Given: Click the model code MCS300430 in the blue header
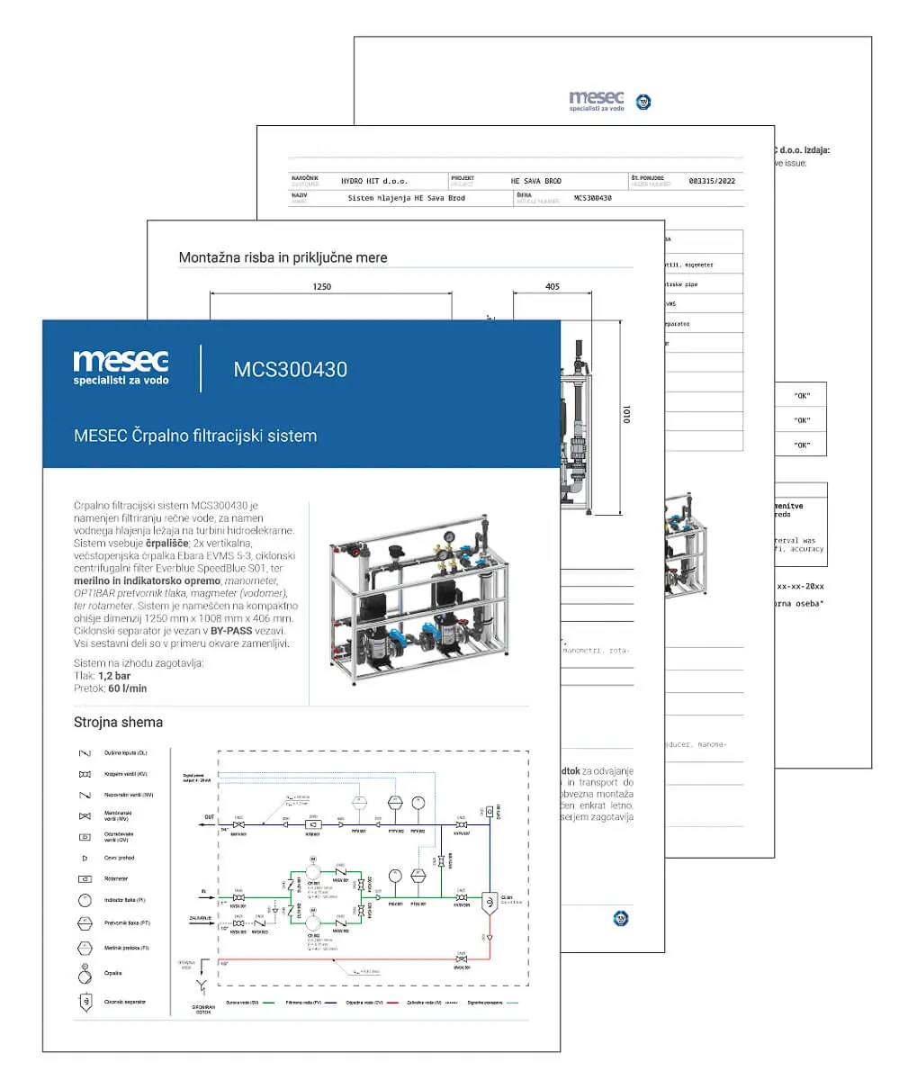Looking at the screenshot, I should (290, 369).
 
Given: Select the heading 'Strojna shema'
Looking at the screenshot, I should (118, 722).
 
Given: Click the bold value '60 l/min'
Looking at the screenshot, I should (128, 688).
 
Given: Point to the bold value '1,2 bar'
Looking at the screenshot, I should (114, 676).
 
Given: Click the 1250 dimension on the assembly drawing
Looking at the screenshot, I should (321, 287).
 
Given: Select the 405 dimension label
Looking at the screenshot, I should (552, 287).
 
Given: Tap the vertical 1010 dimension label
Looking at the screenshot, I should (627, 415).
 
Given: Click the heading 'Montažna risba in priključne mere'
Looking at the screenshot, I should (283, 257).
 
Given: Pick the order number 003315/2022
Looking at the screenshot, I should (711, 181).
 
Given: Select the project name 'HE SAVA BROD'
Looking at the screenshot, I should (535, 181).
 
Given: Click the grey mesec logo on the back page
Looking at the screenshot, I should (596, 101).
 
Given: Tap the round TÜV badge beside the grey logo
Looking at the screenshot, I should (643, 102).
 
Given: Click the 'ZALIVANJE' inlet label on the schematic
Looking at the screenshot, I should (201, 917).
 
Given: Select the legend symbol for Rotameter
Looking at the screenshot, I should (85, 878).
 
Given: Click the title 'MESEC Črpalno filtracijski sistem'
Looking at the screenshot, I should (195, 436).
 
